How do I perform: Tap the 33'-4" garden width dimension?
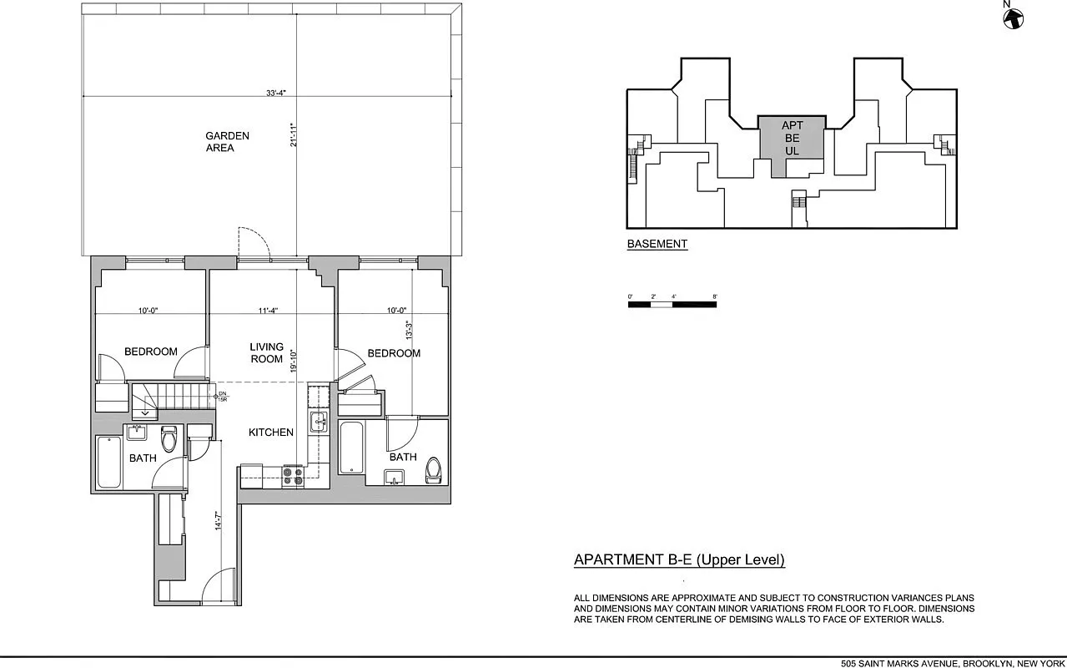tap(277, 94)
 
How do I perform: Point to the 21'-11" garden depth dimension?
tap(292, 136)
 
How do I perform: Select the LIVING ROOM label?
tap(267, 352)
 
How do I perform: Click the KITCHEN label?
tap(271, 433)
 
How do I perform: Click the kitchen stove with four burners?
tap(292, 475)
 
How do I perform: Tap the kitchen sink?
tap(318, 422)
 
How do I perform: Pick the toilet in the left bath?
tap(169, 438)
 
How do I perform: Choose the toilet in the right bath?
tap(433, 469)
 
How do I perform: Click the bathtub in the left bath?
tap(109, 462)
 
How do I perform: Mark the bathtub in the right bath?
tap(351, 449)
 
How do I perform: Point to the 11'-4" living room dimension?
tap(267, 311)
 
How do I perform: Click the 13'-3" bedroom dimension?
tap(408, 325)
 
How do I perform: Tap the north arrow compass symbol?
tap(1013, 18)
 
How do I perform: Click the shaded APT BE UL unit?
tap(792, 139)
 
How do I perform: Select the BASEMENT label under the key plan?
tap(657, 245)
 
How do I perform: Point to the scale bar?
tap(672, 304)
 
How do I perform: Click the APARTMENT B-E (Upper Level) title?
tap(679, 560)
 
